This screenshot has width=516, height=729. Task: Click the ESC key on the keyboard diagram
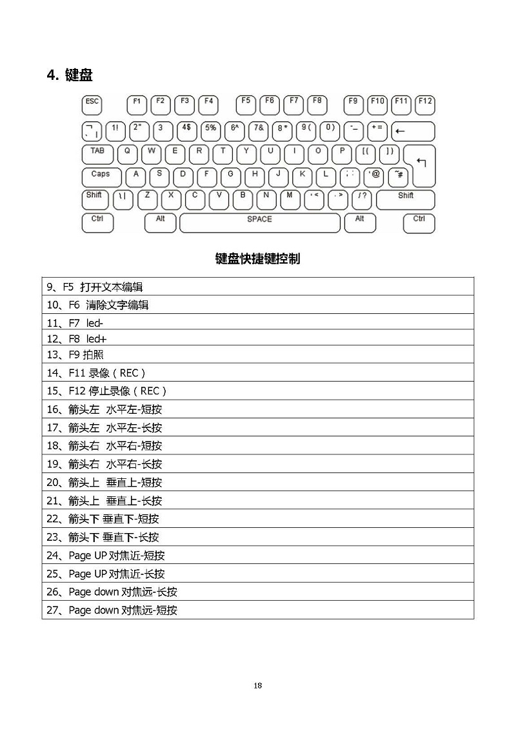pyautogui.click(x=92, y=104)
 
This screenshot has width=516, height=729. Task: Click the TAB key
pyautogui.click(x=97, y=153)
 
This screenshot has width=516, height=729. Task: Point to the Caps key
pyautogui.click(x=101, y=177)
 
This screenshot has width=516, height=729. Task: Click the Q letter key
pyautogui.click(x=127, y=153)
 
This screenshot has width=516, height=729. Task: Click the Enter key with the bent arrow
pyautogui.click(x=421, y=165)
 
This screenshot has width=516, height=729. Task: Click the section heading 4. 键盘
pyautogui.click(x=70, y=75)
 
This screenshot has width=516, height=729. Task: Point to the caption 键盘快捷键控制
pyautogui.click(x=257, y=259)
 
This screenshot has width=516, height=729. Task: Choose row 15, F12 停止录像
pyautogui.click(x=107, y=391)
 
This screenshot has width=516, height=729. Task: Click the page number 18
pyautogui.click(x=257, y=685)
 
